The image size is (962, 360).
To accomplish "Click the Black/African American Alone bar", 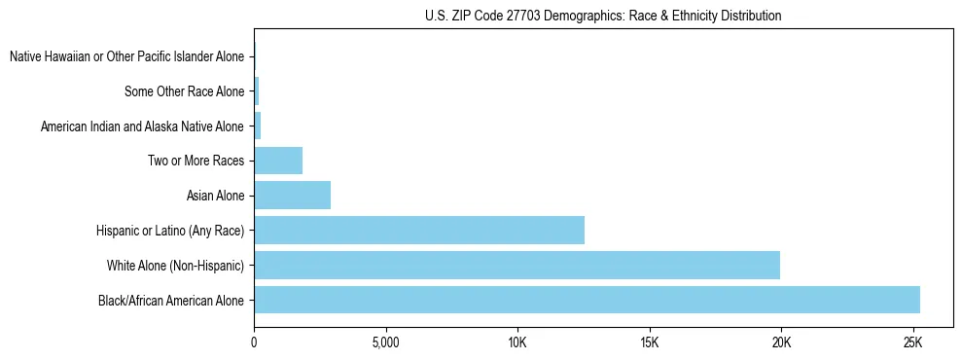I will tap(587, 300).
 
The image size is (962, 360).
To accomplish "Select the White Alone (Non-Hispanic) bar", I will tap(517, 265).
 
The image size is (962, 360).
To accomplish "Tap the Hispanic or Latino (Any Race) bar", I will tap(419, 231).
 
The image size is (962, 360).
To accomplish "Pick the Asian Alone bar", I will tap(292, 196).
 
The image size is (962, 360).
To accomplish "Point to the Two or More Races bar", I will tap(278, 161).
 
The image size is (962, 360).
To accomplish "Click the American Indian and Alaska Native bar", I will tap(258, 126).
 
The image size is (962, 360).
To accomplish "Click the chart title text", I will tap(603, 17).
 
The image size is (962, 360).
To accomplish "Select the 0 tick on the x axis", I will tap(254, 342).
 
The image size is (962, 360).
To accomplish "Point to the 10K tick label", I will tap(517, 342).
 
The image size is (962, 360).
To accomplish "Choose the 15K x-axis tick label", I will tap(650, 342).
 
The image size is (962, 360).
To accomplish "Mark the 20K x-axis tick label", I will tap(781, 342).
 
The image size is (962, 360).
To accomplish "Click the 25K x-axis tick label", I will tap(912, 342).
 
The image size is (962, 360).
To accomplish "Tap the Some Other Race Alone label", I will tap(184, 91).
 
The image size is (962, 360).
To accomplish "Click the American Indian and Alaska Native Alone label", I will tap(142, 126).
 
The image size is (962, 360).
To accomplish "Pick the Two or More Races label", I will tap(196, 161).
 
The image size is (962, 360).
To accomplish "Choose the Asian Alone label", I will tap(215, 196).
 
